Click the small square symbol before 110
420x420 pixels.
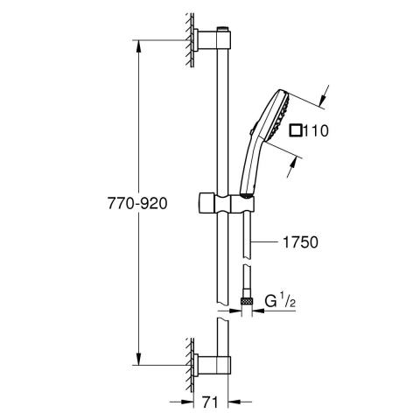coord(297,132)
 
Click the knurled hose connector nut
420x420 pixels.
coord(248,302)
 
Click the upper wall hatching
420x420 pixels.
coord(187,39)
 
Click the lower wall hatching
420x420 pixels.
coord(187,362)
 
